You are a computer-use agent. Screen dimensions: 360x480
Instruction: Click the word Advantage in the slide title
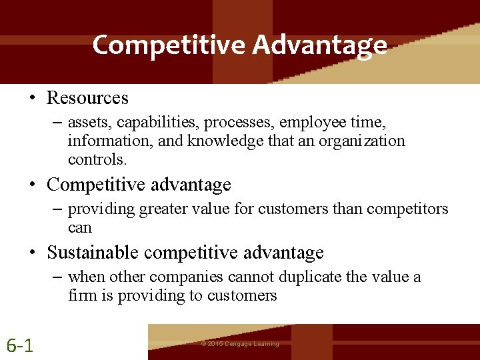click(319, 45)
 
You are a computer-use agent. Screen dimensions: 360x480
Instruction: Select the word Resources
click(87, 98)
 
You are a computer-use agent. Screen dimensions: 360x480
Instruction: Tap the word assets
click(87, 122)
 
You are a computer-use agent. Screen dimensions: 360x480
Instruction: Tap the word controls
click(97, 159)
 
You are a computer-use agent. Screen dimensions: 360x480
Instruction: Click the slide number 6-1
click(21, 345)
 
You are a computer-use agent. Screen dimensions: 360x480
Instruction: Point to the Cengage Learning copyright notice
click(240, 344)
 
